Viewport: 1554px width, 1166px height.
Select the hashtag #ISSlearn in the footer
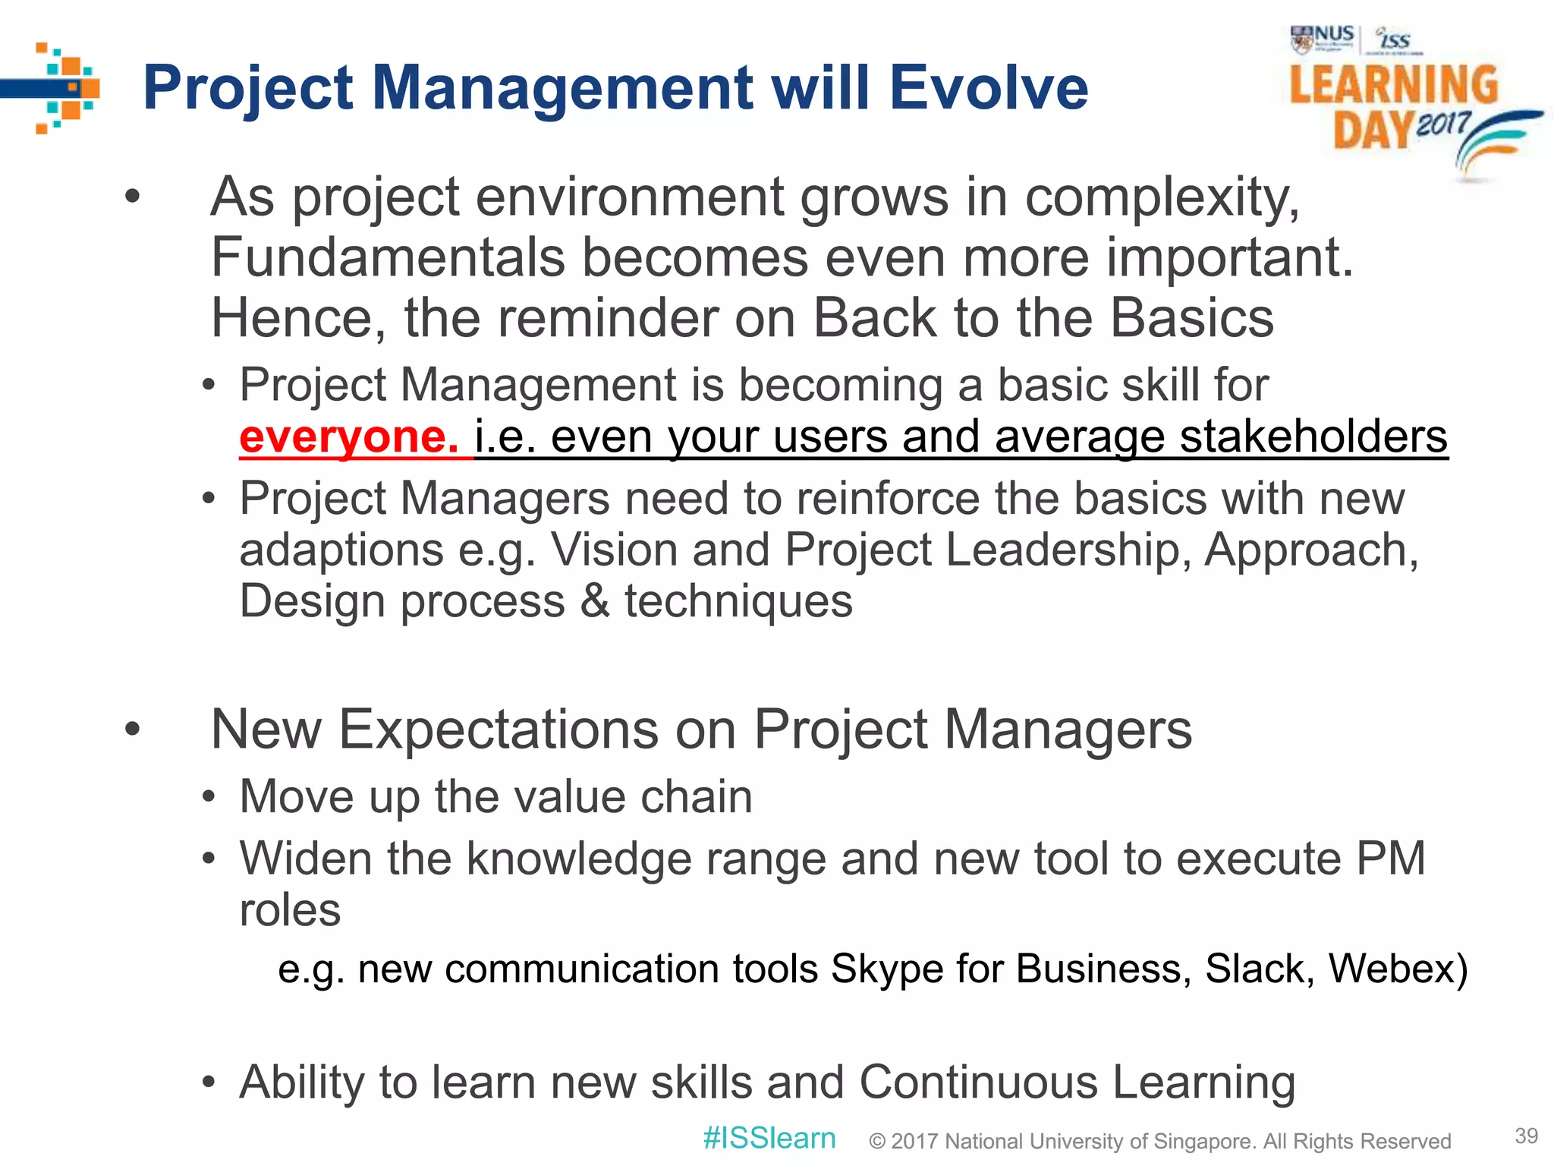tap(769, 1138)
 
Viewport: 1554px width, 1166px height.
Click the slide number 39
tap(1526, 1136)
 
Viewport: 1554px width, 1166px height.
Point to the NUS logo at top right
tap(1322, 39)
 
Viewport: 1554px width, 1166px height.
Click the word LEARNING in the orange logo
tap(1394, 85)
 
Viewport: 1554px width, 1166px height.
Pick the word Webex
tap(1397, 969)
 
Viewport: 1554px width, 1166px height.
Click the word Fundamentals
tap(388, 257)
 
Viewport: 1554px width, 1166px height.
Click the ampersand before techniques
tap(595, 601)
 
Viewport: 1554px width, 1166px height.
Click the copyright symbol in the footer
tap(877, 1141)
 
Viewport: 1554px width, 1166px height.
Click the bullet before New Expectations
tap(133, 730)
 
